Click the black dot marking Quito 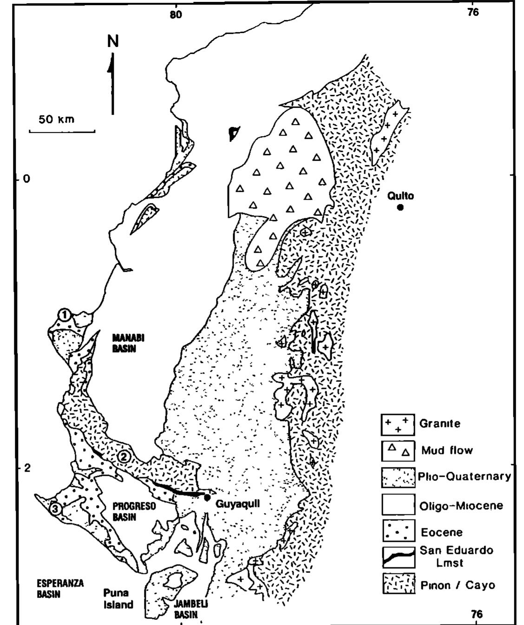(400, 207)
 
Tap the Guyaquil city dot (207, 498)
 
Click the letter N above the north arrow (113, 42)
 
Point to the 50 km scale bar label (57, 119)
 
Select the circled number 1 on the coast (65, 315)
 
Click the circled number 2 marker (124, 456)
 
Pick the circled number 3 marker (55, 509)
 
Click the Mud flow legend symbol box (398, 450)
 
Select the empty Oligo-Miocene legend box (398, 505)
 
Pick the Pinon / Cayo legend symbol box (398, 584)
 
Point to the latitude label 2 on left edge (27, 468)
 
